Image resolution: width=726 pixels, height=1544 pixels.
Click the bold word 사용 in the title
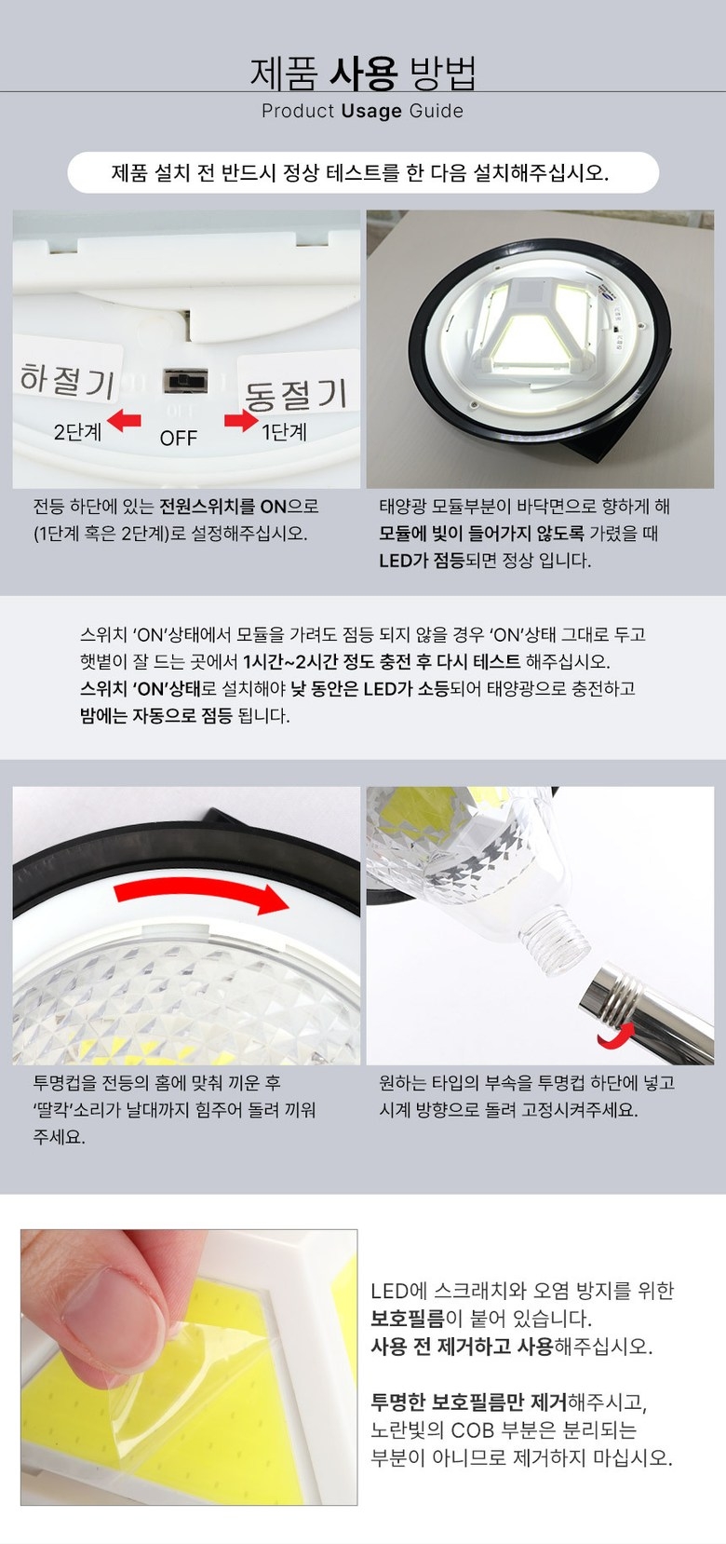point(363,73)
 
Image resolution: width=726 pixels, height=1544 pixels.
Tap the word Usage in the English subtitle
point(371,111)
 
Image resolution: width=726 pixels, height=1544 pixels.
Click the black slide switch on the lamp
point(185,381)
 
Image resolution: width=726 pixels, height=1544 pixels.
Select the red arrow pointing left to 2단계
point(124,419)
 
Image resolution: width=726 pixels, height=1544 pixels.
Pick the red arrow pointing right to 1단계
point(241,420)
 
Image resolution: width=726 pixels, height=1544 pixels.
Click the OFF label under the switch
point(179,438)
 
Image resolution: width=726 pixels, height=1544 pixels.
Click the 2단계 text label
point(78,432)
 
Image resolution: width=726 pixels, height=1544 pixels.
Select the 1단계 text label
point(284,431)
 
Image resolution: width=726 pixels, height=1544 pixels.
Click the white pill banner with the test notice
point(363,172)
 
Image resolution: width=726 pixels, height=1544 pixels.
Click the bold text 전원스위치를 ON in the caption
point(222,507)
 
